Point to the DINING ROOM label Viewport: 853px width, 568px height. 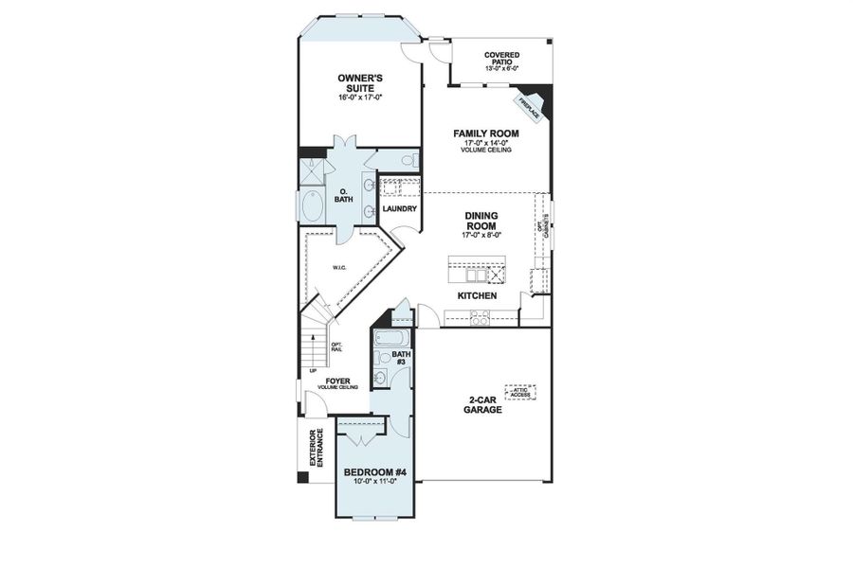(481, 221)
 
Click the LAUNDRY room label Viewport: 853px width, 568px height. (399, 208)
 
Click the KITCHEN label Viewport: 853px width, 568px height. (478, 295)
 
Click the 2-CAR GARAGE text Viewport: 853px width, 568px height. (482, 404)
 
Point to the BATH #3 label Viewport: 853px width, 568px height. (402, 358)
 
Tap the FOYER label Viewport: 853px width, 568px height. (338, 382)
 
